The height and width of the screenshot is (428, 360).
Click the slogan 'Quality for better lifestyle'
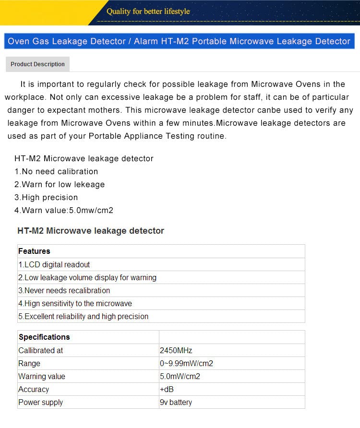pyautogui.click(x=148, y=11)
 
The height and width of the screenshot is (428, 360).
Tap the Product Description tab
pyautogui.click(x=37, y=64)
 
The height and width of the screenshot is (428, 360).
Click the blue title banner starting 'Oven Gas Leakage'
pyautogui.click(x=179, y=41)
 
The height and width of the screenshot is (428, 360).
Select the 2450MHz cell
pyautogui.click(x=176, y=350)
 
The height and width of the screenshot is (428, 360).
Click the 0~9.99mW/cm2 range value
pyautogui.click(x=186, y=363)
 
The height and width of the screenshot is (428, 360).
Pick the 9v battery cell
pyautogui.click(x=176, y=402)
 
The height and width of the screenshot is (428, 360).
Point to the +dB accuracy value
pyautogui.click(x=167, y=389)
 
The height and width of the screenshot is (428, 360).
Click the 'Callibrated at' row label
pyautogui.click(x=41, y=350)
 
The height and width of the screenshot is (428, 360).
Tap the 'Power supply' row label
pyautogui.click(x=41, y=402)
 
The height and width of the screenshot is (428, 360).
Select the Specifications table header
pyautogui.click(x=44, y=337)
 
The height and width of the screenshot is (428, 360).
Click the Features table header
pyautogui.click(x=34, y=251)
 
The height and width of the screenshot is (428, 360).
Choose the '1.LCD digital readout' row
pyautogui.click(x=54, y=264)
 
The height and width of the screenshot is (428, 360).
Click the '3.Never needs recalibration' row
pyautogui.click(x=64, y=290)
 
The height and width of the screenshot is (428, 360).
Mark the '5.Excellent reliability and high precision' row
pyautogui.click(x=84, y=316)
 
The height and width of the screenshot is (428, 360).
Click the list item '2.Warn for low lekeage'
pyautogui.click(x=60, y=184)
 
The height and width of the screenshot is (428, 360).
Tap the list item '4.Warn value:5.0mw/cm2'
pyautogui.click(x=64, y=210)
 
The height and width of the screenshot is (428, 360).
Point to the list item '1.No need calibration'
pyautogui.click(x=56, y=171)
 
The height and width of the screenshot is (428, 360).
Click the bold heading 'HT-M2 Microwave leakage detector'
pyautogui.click(x=91, y=231)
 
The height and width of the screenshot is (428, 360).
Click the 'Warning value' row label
pyautogui.click(x=42, y=376)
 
